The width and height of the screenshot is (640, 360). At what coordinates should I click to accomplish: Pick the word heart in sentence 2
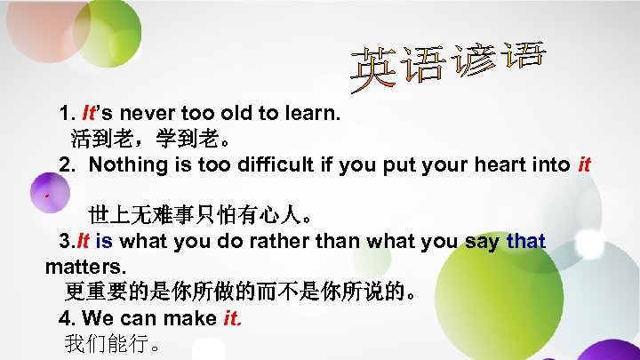click(497, 165)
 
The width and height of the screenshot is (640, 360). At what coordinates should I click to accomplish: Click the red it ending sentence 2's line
click(584, 165)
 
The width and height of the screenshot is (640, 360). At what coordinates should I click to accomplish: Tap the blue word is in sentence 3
click(103, 241)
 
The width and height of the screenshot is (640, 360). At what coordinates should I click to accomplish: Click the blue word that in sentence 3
click(525, 241)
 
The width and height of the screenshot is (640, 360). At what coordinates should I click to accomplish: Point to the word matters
click(86, 266)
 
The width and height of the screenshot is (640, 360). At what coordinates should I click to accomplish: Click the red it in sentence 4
click(230, 317)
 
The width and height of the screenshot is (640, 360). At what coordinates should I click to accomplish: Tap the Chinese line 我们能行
click(111, 343)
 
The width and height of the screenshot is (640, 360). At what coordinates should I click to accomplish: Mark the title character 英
click(375, 72)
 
